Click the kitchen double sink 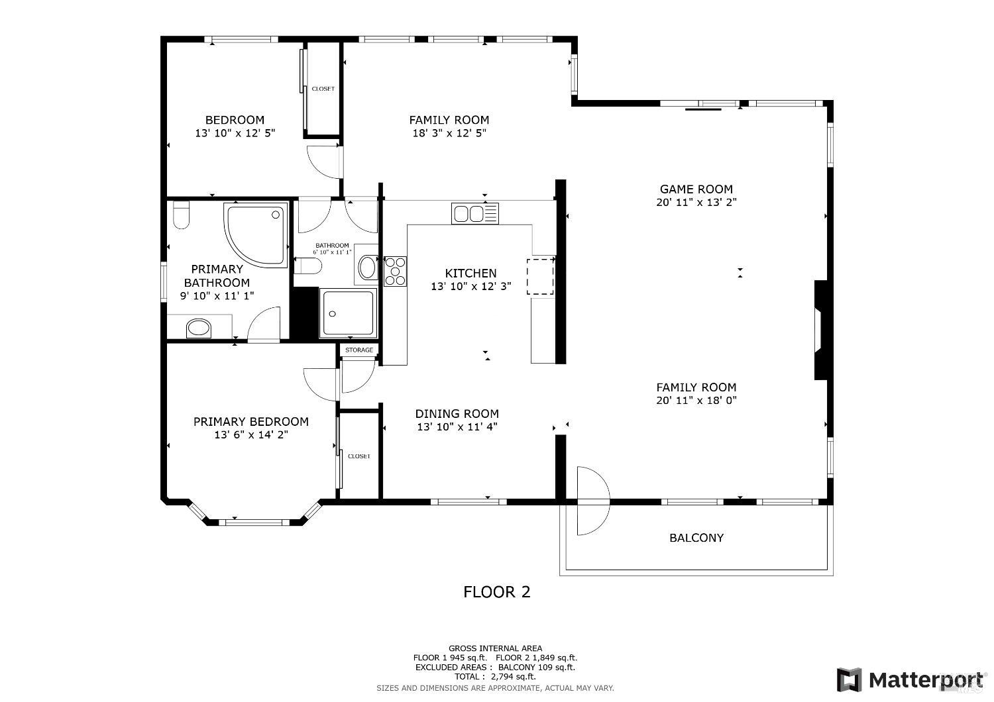(474, 213)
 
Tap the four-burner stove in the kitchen (396, 271)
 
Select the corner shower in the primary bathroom (256, 234)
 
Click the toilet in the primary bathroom (181, 215)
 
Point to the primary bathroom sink (198, 327)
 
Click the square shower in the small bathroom (348, 313)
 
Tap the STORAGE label (359, 350)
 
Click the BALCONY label (696, 538)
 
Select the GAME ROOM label (696, 189)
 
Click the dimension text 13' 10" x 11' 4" (457, 427)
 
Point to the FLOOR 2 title (496, 591)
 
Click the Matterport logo (912, 679)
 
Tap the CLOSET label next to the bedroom (323, 89)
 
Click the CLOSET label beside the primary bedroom (359, 456)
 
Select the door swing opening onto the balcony (592, 501)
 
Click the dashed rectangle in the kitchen (541, 276)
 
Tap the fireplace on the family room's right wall (822, 330)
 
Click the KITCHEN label (470, 273)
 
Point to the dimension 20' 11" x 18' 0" (696, 400)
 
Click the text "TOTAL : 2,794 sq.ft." (495, 676)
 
